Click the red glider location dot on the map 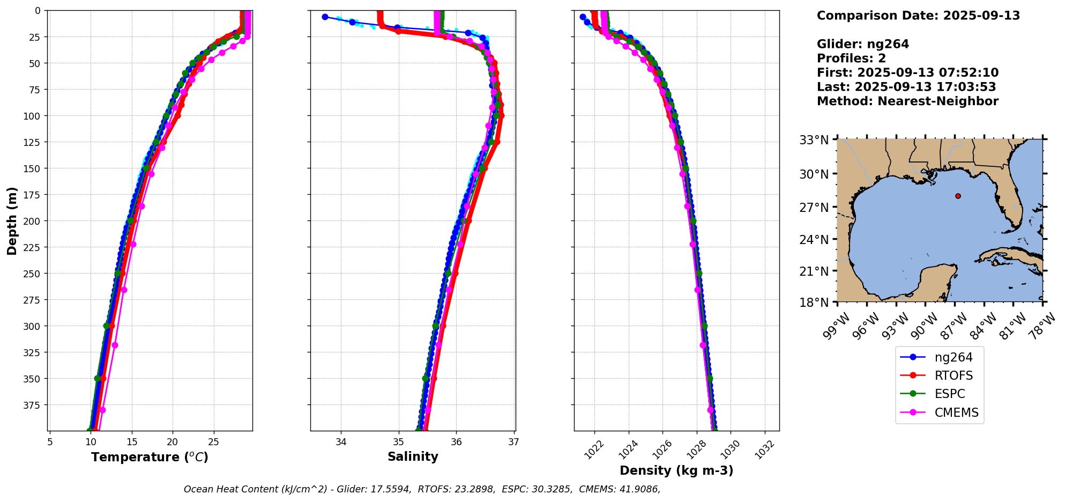pos(958,196)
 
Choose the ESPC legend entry pos(949,394)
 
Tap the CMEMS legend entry pos(956,412)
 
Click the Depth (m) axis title pos(12,220)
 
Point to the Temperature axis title pos(150,457)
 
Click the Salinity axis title pos(413,457)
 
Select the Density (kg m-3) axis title pos(676,470)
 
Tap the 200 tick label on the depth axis pos(33,221)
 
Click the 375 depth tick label pos(33,405)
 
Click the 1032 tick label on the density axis pos(763,450)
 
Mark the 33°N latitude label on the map pos(814,141)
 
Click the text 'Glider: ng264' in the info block pos(862,45)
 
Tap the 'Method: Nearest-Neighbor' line pos(907,101)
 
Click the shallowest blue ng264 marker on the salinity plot pos(325,17)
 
